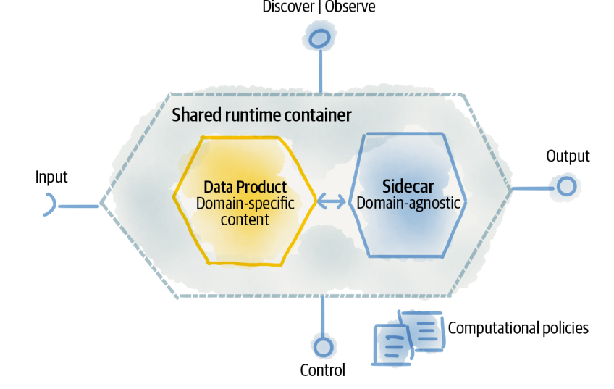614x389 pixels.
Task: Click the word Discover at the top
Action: click(x=287, y=7)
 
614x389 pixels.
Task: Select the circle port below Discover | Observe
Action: click(x=319, y=37)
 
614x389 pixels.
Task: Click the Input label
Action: click(x=51, y=177)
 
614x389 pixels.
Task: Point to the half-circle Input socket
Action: click(x=49, y=206)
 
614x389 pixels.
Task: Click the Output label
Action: click(x=568, y=156)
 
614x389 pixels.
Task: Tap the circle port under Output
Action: click(x=566, y=188)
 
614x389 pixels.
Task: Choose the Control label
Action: click(x=322, y=370)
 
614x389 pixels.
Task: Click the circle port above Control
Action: click(x=322, y=346)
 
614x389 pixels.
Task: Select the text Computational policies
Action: click(x=518, y=328)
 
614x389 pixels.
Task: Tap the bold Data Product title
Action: click(x=245, y=187)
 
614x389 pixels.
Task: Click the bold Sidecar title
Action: click(x=408, y=186)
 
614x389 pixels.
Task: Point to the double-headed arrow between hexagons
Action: click(x=332, y=203)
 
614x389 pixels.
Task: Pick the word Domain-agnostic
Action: click(x=408, y=203)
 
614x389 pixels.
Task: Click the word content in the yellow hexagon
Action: click(x=245, y=219)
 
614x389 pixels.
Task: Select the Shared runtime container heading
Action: click(x=261, y=115)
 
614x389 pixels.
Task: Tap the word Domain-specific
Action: click(x=245, y=203)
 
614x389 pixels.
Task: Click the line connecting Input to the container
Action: click(x=77, y=206)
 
